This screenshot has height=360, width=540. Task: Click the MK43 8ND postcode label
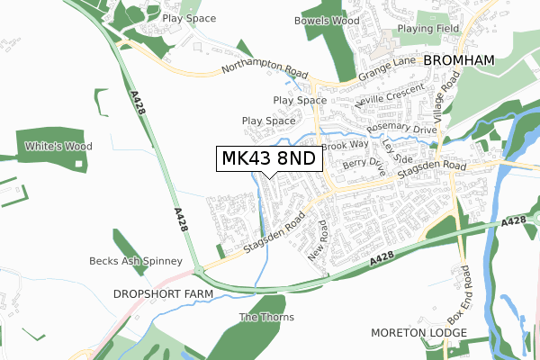[x=269, y=158]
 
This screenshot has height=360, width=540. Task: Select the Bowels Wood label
[x=320, y=19]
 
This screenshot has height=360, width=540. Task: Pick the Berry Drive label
[x=364, y=166]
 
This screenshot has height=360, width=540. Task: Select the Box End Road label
[x=460, y=293]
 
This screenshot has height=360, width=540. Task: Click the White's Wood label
[x=59, y=146]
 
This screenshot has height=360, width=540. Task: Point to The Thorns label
[x=260, y=317]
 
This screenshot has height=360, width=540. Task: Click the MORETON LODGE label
[x=418, y=333]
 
